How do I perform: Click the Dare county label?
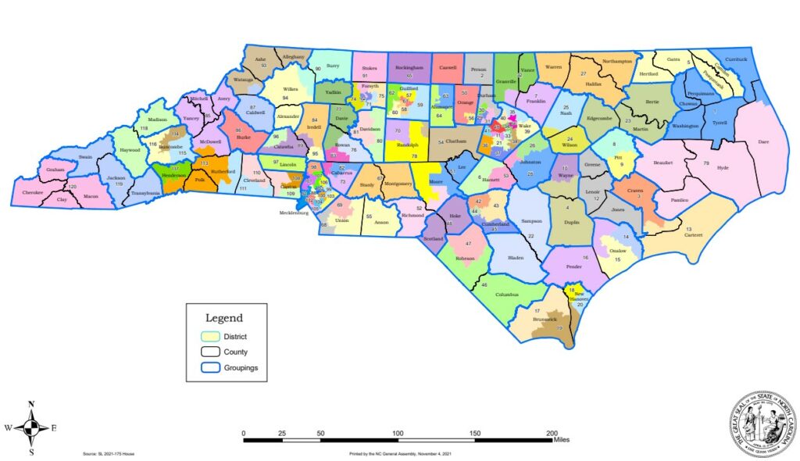pyautogui.click(x=763, y=142)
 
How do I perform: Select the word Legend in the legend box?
pyautogui.click(x=223, y=318)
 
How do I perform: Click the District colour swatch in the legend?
pyautogui.click(x=209, y=336)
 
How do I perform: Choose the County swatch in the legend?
pyautogui.click(x=209, y=352)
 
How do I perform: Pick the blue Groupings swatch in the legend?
pyautogui.click(x=209, y=367)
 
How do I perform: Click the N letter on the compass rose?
pyautogui.click(x=31, y=404)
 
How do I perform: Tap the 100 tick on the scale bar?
pyautogui.click(x=398, y=432)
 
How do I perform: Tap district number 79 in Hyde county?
pyautogui.click(x=705, y=163)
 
